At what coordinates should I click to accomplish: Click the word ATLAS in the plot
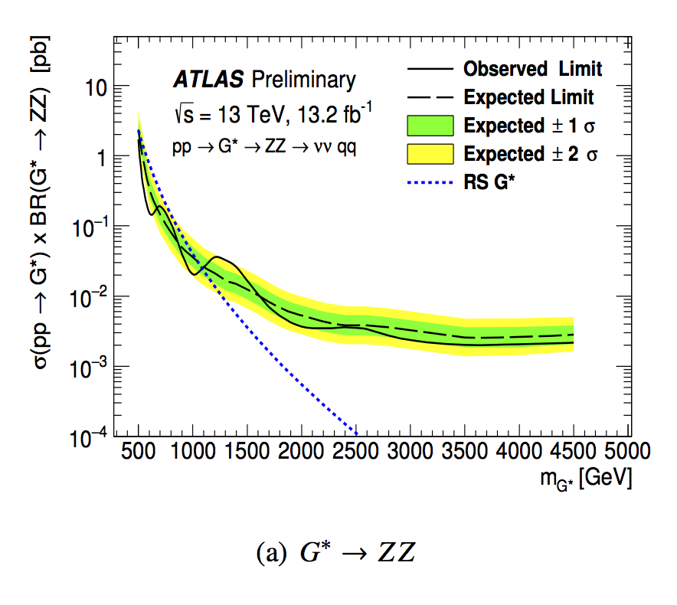(208, 80)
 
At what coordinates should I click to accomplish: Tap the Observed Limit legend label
(532, 69)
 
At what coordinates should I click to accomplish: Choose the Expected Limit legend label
(528, 97)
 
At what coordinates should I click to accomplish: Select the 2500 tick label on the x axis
(356, 449)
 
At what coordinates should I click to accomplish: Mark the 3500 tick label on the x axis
(465, 449)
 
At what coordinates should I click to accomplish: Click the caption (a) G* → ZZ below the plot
(338, 552)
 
